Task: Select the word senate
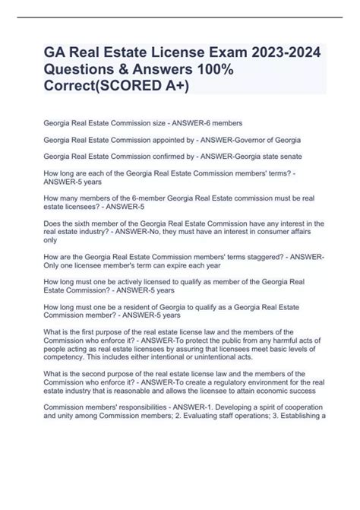[286, 158]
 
